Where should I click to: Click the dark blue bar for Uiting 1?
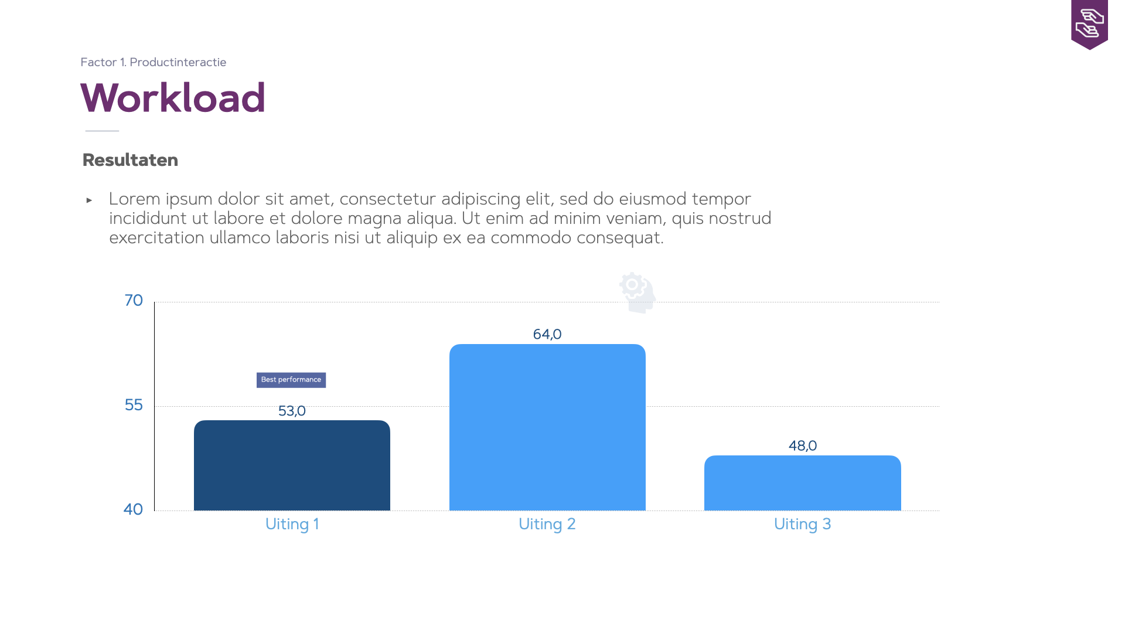(x=292, y=465)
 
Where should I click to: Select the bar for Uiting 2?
(x=547, y=427)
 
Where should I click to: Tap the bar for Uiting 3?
(x=803, y=483)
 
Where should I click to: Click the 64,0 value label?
(x=547, y=335)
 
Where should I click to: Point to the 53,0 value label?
(x=292, y=411)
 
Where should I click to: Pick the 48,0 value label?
(x=803, y=446)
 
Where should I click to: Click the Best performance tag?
(x=291, y=380)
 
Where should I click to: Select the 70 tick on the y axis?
(x=134, y=301)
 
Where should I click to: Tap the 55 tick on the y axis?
(x=134, y=405)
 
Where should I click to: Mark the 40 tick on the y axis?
(x=133, y=509)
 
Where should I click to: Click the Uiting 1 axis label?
(x=292, y=524)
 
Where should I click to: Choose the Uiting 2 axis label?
(x=547, y=524)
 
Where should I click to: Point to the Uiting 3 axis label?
(x=803, y=524)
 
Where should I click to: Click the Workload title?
(x=173, y=97)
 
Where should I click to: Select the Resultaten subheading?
(x=130, y=160)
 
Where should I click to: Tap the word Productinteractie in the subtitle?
(x=178, y=62)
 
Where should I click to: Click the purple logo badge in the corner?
(x=1089, y=24)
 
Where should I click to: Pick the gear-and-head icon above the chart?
(x=637, y=292)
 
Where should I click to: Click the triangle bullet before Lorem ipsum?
(x=89, y=200)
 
